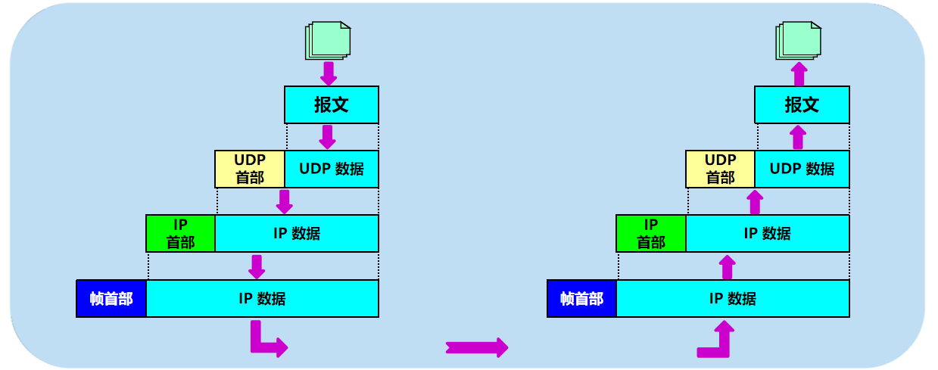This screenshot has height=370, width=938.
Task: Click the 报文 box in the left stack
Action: click(332, 104)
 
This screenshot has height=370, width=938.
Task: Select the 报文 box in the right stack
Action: click(802, 104)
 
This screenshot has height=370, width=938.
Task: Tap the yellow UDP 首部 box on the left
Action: click(250, 169)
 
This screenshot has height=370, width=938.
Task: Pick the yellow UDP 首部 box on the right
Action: click(720, 169)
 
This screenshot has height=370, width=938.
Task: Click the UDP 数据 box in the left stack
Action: click(332, 169)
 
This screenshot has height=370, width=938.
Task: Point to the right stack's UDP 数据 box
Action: click(802, 169)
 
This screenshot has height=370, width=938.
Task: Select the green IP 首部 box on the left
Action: click(181, 233)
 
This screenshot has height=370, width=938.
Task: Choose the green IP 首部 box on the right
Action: click(651, 233)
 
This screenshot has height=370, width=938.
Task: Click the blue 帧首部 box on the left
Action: click(111, 298)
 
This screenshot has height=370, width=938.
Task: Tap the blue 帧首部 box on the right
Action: click(581, 298)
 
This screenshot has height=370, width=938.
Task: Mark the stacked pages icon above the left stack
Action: click(328, 40)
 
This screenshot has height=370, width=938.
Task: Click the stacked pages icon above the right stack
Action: click(798, 40)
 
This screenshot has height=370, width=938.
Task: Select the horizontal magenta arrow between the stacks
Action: click(476, 347)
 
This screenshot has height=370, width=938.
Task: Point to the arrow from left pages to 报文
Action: click(329, 74)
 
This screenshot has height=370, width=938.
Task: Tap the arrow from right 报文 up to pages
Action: click(798, 74)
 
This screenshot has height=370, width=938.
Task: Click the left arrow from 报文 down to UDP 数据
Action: click(327, 136)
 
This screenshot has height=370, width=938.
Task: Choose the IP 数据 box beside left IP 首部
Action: click(297, 233)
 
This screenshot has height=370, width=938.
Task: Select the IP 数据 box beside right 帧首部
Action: click(732, 298)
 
